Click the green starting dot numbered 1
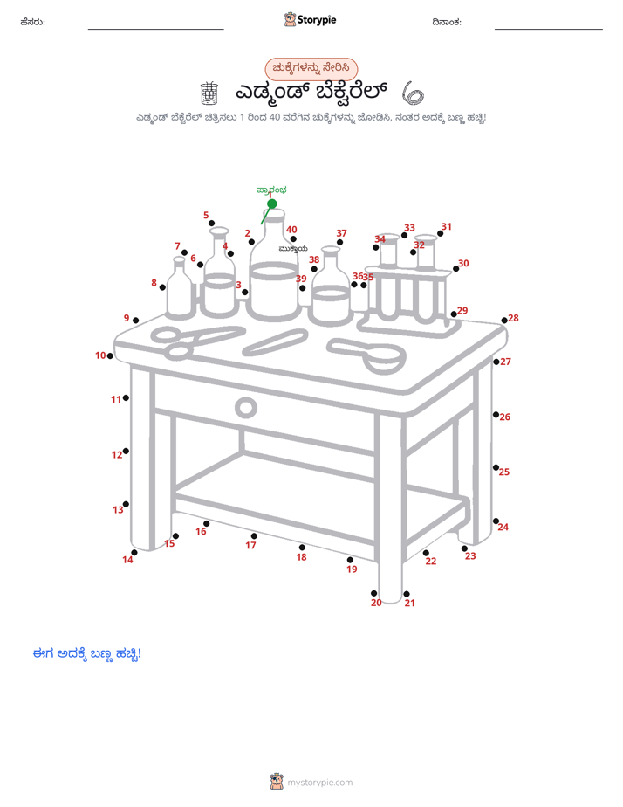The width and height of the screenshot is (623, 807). click(x=272, y=203)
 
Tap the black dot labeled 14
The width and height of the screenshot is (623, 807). click(x=134, y=553)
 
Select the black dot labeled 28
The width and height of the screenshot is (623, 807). click(x=504, y=321)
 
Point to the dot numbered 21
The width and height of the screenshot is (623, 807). click(x=407, y=594)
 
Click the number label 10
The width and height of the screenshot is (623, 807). click(x=100, y=355)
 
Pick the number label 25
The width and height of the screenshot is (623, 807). click(x=504, y=472)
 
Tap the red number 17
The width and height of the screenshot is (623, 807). click(x=250, y=546)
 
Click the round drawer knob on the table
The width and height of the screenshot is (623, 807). click(x=246, y=408)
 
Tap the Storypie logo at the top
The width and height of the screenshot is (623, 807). click(x=310, y=19)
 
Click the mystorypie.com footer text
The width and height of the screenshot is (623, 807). click(x=319, y=783)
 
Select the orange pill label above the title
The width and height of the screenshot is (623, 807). click(x=311, y=68)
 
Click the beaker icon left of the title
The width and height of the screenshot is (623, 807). click(x=209, y=93)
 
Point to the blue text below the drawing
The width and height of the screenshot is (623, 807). click(x=87, y=654)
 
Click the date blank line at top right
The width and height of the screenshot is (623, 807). click(x=549, y=30)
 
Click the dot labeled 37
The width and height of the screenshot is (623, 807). click(x=339, y=243)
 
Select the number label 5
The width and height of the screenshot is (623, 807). click(x=206, y=215)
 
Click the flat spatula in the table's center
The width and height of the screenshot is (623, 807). click(x=276, y=342)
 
